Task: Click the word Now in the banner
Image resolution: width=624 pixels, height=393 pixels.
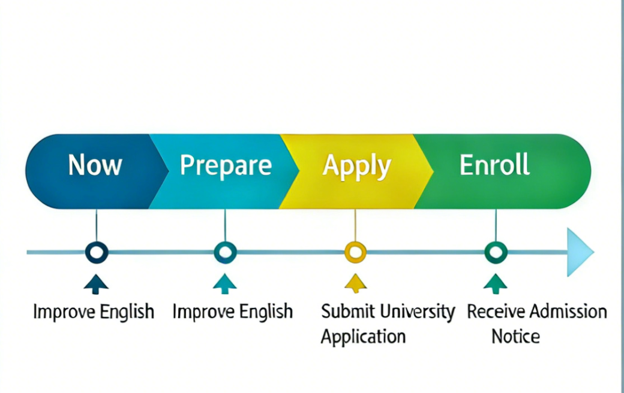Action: (95, 165)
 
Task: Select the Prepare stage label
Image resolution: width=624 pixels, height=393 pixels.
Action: (226, 165)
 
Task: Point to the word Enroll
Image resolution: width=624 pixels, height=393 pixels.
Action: (494, 165)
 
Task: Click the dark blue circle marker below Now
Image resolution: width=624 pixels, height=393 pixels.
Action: (96, 252)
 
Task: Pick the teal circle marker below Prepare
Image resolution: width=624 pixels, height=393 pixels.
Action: (225, 252)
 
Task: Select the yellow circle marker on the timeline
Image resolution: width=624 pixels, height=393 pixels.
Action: (355, 252)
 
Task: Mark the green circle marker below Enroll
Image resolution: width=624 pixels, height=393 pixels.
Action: (496, 252)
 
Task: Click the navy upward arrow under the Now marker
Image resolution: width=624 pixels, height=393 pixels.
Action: (96, 283)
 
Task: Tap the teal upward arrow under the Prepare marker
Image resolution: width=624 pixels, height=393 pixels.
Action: (225, 283)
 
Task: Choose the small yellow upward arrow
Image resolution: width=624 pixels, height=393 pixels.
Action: (355, 283)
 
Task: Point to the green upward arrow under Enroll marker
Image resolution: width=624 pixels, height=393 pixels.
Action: (495, 283)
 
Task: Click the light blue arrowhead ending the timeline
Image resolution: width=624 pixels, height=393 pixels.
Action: (580, 252)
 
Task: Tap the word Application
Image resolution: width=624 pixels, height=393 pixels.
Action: (363, 336)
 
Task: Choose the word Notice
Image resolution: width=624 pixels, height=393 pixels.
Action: (515, 336)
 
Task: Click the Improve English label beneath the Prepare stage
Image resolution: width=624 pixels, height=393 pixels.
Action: (232, 312)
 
